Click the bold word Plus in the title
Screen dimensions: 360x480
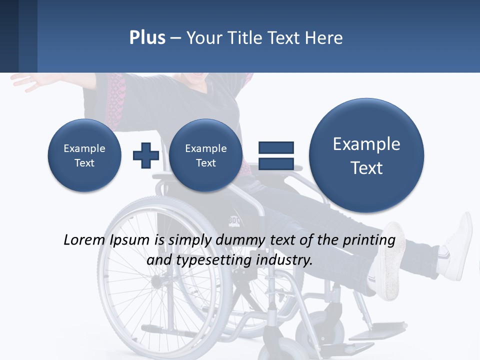pos(147,38)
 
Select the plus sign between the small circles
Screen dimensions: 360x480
pos(145,155)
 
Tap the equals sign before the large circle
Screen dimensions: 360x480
pos(275,155)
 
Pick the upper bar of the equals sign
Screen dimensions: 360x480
pos(275,147)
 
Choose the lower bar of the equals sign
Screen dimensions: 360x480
pos(275,164)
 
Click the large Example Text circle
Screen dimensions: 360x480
pos(366,155)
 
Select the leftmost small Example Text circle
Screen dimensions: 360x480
pos(84,155)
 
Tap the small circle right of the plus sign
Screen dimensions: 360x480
pos(205,155)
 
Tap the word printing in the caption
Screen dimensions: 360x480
pos(370,240)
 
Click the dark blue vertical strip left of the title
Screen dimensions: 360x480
pos(9,36)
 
